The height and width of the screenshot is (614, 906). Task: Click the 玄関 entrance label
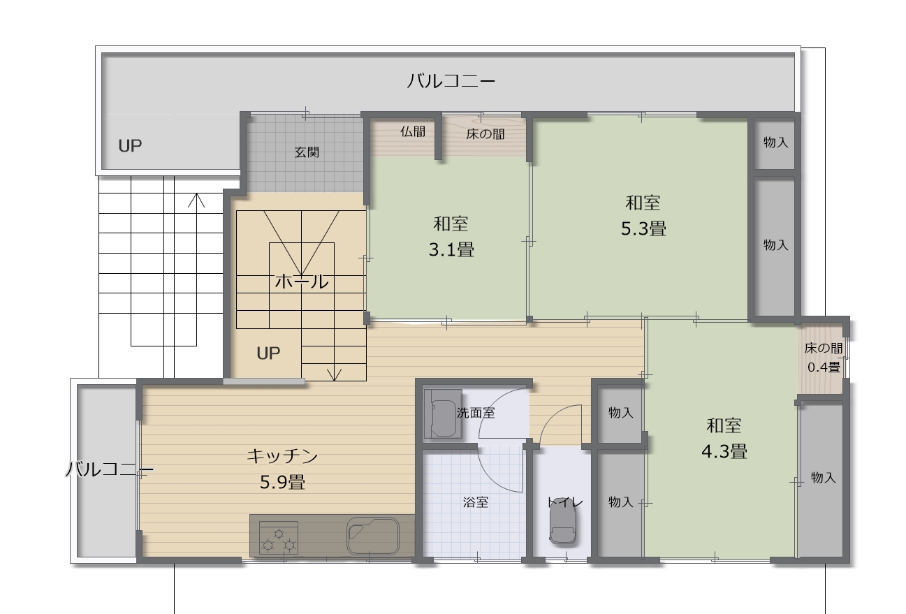[x=307, y=152]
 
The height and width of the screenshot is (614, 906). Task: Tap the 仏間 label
[x=413, y=131]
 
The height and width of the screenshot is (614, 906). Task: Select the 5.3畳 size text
[x=643, y=228]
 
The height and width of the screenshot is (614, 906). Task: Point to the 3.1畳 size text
[x=451, y=249]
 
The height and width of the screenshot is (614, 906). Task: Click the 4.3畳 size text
[x=724, y=451]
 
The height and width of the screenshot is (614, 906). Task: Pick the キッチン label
[x=282, y=456]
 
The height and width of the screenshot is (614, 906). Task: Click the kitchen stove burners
[x=278, y=538]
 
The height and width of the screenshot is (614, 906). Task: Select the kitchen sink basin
[x=373, y=536]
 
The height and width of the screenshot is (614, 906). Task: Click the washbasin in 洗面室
[x=443, y=414]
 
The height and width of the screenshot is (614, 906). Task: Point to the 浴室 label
[x=476, y=502]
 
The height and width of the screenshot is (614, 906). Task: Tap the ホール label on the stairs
[x=301, y=282]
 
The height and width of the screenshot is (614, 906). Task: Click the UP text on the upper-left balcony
[x=130, y=145]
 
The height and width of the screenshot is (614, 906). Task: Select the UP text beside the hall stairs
[x=268, y=353]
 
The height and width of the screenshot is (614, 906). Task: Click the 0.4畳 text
[x=824, y=367]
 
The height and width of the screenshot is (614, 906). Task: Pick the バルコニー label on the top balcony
[x=451, y=81]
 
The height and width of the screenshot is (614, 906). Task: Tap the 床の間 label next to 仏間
[x=485, y=134]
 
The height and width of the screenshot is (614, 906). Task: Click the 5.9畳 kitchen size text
[x=282, y=482]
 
